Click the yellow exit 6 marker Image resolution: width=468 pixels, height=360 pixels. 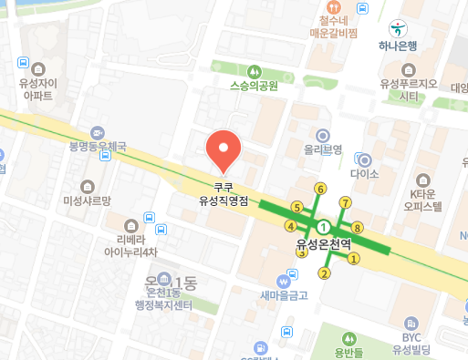(319, 189)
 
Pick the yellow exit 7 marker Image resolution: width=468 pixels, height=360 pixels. (345, 201)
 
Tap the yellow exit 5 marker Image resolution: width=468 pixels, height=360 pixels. (296, 207)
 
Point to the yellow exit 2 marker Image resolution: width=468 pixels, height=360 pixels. (323, 273)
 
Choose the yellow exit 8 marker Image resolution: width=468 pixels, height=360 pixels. (357, 227)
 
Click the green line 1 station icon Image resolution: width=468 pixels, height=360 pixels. (323, 226)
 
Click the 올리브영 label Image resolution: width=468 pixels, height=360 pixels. (322, 149)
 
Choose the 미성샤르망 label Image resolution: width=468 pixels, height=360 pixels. (86, 200)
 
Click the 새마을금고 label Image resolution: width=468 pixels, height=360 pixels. (284, 294)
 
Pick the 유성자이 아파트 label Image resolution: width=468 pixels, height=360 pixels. (37, 87)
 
